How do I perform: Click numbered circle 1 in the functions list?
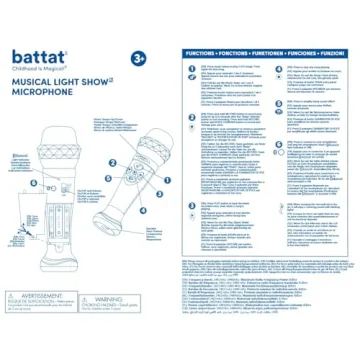(190, 67)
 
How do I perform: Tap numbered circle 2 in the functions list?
(190, 109)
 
